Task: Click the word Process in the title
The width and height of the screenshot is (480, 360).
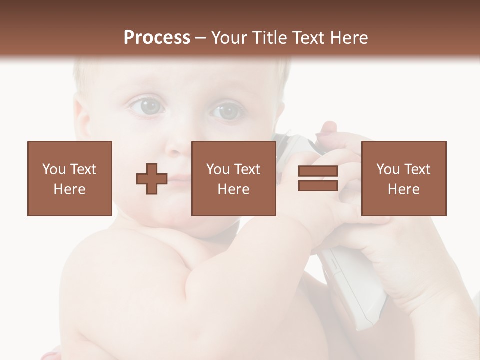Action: coord(157,37)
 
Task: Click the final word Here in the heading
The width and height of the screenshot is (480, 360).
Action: coord(350,37)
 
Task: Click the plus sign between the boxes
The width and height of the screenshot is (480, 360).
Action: coord(152,179)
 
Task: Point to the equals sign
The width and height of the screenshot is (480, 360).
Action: coord(318,179)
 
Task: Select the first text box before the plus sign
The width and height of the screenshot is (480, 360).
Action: coord(70,178)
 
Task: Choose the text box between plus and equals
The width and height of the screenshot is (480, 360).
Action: coord(234,178)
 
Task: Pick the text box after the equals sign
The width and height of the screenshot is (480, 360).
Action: coord(404,178)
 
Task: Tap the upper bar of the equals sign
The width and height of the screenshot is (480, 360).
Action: coord(318,172)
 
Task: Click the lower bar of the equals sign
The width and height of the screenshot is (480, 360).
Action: coord(318,186)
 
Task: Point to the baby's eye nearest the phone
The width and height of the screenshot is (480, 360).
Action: coord(228,110)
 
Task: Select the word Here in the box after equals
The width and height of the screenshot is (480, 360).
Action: coord(404,189)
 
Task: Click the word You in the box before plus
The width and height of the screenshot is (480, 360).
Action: coord(53,169)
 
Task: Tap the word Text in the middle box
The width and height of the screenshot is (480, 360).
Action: coord(247,169)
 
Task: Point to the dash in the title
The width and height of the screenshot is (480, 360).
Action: coord(201,37)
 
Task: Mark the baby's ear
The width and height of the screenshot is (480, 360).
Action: coord(83,120)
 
